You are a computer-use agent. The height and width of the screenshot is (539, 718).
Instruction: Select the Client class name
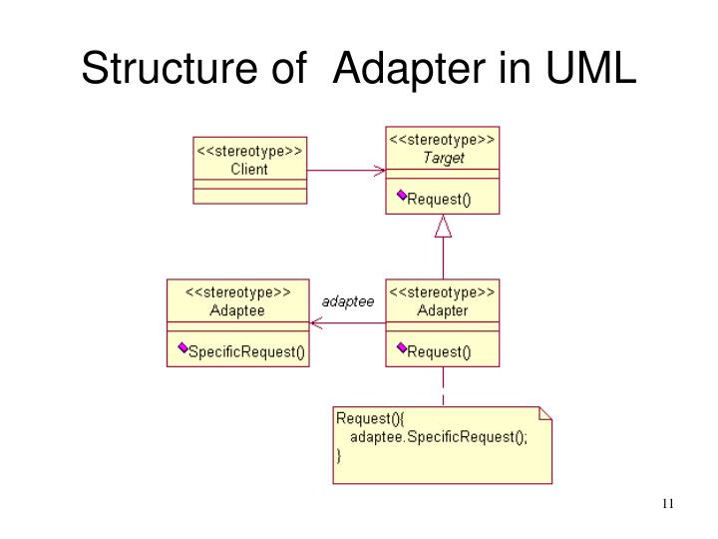249,169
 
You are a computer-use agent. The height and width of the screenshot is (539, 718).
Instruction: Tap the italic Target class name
443,157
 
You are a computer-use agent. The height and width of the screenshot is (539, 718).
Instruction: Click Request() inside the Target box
440,199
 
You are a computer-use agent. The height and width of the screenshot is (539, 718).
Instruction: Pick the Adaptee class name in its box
237,310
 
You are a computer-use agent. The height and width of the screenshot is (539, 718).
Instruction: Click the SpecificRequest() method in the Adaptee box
246,351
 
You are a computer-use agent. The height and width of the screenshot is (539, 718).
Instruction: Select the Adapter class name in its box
443,310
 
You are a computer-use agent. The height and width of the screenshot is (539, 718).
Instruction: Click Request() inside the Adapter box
440,351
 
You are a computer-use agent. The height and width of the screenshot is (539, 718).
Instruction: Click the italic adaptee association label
348,300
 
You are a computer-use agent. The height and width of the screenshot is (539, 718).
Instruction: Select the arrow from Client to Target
345,171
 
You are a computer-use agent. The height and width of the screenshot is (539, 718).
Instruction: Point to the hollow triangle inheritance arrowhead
443,227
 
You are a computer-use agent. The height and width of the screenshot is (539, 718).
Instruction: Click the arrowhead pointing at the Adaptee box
315,322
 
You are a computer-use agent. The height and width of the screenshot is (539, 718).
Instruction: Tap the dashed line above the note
443,386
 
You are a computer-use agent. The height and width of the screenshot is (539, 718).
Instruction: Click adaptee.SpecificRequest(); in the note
430,436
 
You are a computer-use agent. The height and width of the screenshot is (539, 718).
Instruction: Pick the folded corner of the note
544,411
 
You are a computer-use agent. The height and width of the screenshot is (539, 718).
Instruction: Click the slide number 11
668,502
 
